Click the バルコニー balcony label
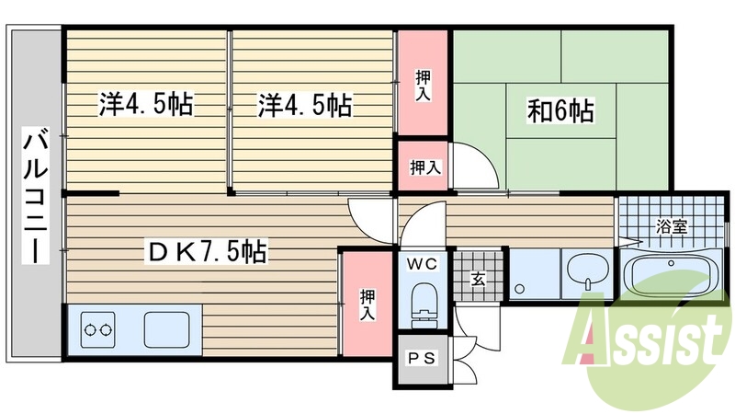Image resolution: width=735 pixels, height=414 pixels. tap(36, 196)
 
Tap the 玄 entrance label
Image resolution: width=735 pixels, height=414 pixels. tap(479, 279)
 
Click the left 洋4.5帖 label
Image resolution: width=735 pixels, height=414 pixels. tap(146, 105)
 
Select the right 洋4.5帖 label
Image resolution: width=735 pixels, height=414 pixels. tap(304, 105)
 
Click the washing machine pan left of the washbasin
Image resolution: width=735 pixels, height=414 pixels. tap(534, 274)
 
